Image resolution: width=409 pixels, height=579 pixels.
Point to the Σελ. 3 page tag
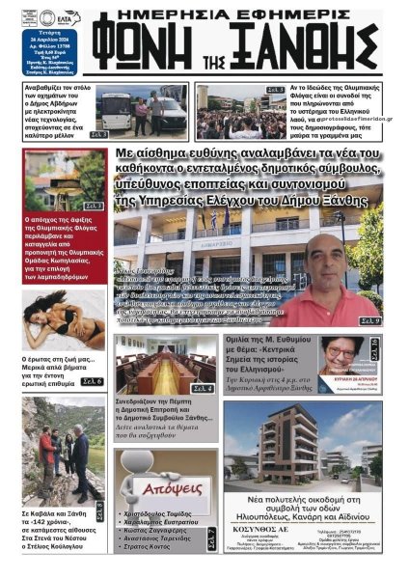[98, 134]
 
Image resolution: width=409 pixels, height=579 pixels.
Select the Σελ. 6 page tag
[93, 382]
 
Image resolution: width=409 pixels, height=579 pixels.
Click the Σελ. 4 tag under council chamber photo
[203, 388]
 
